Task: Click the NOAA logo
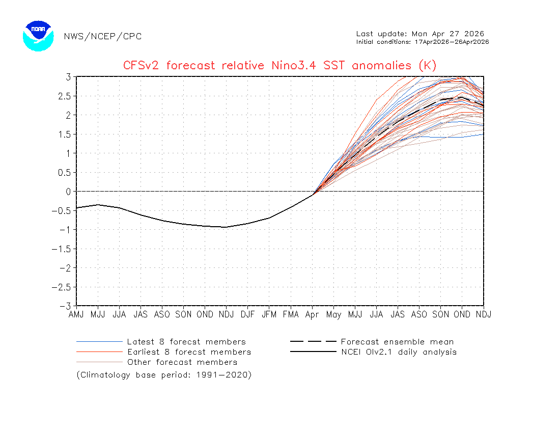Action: click(38, 36)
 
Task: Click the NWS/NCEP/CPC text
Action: click(103, 36)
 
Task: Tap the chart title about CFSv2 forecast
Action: click(279, 65)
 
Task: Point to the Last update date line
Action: click(420, 34)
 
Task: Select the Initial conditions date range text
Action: click(423, 42)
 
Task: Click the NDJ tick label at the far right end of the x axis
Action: click(483, 314)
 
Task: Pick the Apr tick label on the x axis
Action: click(312, 314)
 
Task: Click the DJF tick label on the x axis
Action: click(247, 314)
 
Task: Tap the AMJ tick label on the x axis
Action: click(76, 314)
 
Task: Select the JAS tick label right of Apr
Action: click(398, 314)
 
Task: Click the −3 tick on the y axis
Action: click(65, 306)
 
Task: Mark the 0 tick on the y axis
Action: click(67, 192)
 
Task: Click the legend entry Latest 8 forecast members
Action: click(186, 342)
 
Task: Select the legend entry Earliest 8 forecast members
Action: click(189, 352)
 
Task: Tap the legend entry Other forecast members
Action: click(182, 362)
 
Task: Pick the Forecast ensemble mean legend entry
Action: click(397, 342)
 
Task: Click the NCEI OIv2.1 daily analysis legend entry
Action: click(399, 352)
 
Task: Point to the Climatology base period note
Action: click(164, 375)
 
